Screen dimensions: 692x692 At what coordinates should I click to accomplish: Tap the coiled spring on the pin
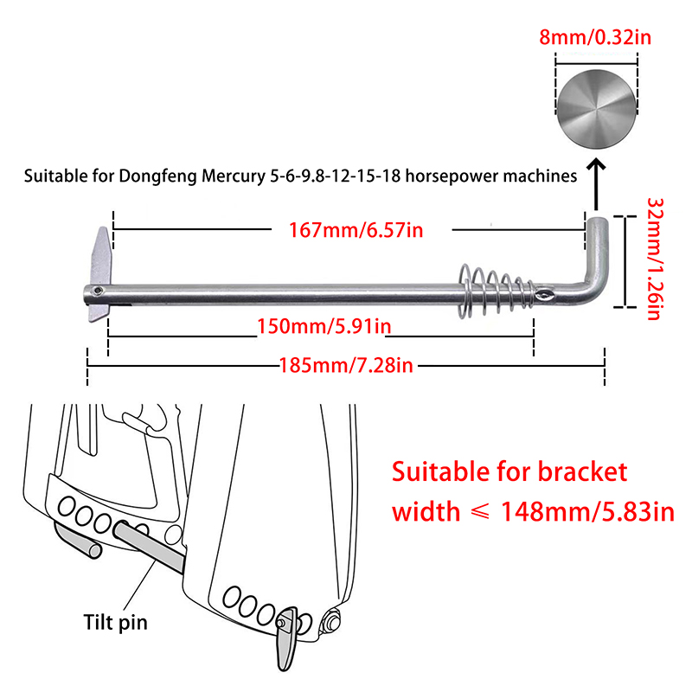491,288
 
